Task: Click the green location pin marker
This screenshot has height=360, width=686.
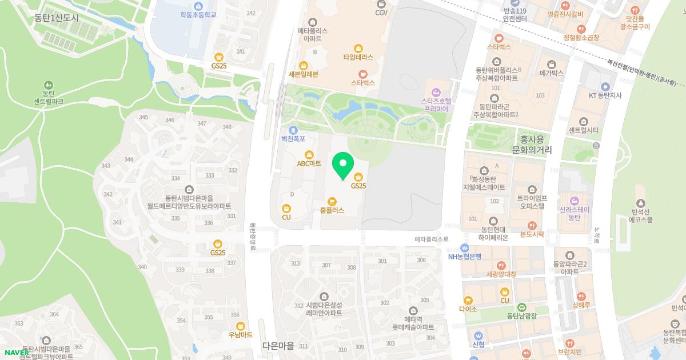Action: [343, 166]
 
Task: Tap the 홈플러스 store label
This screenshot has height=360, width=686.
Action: [332, 210]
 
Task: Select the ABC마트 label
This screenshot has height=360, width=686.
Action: [309, 163]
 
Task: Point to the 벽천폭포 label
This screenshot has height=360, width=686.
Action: [293, 138]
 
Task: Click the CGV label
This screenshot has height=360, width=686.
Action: [381, 12]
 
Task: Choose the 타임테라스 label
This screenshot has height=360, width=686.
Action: [358, 57]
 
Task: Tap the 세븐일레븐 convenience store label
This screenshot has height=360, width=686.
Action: [304, 74]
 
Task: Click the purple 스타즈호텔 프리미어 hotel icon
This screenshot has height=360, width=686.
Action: [436, 92]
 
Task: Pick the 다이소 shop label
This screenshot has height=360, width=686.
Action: [468, 309]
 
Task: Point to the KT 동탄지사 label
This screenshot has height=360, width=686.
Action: [605, 95]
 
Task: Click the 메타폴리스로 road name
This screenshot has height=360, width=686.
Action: [433, 239]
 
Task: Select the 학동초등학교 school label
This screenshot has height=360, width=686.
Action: [198, 14]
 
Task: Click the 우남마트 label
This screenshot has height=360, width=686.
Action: [240, 335]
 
